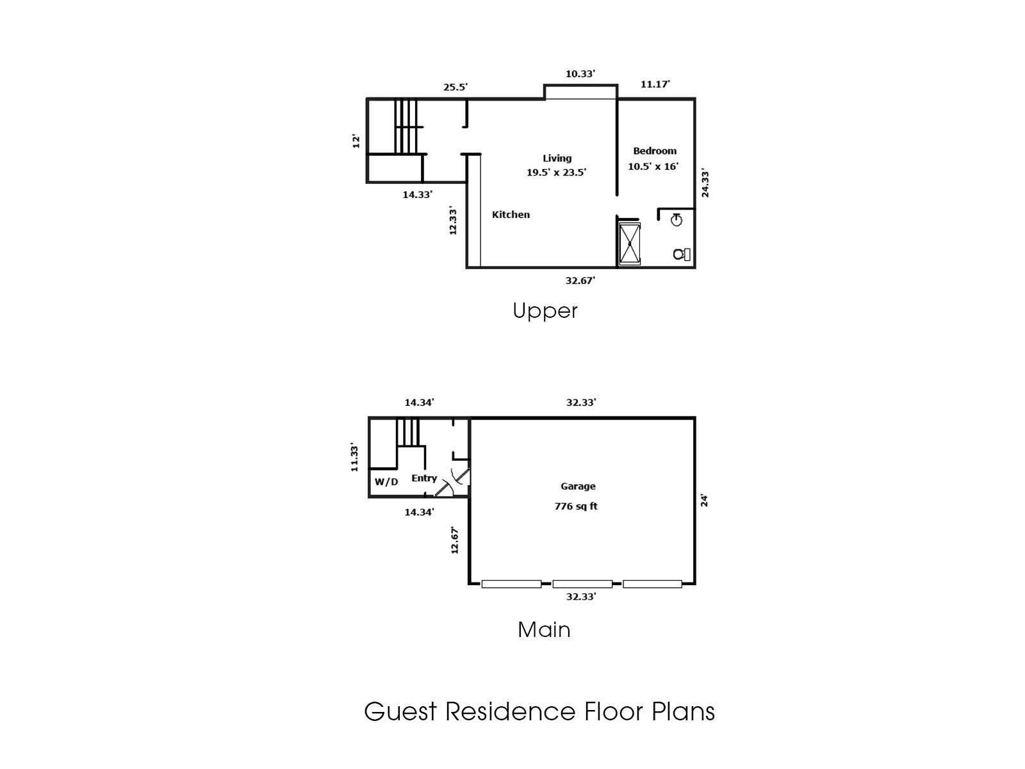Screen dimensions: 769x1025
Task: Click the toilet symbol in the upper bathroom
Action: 682,254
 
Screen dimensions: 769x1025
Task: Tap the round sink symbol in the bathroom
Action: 676,220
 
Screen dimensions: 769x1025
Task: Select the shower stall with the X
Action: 629,243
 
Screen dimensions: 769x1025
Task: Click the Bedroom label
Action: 655,151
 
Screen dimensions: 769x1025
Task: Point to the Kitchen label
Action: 511,215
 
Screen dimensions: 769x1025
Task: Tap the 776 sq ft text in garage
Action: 576,506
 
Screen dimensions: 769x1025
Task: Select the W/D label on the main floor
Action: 386,482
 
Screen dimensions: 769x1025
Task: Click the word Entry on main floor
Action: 424,478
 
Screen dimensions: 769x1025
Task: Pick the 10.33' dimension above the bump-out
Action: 580,74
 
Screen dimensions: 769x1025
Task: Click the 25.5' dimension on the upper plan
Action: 455,87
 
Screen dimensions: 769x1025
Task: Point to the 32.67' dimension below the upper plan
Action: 580,280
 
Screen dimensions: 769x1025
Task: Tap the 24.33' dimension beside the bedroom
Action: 705,183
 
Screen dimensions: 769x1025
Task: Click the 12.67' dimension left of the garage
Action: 455,540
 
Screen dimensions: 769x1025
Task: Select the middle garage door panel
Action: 582,584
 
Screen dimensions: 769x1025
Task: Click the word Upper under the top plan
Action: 545,311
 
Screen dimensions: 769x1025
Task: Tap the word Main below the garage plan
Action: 544,630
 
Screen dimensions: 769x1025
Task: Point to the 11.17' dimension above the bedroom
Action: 655,84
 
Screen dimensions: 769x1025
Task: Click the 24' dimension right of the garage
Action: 704,500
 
